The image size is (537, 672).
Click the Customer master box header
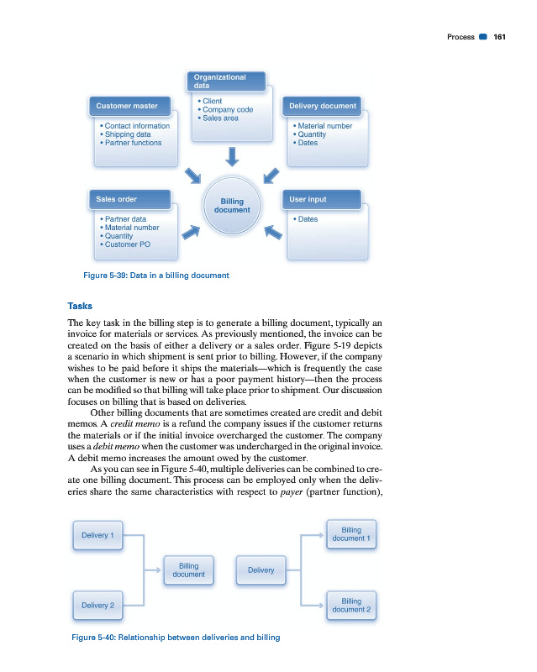pos(132,107)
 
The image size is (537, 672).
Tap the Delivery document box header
pos(324,107)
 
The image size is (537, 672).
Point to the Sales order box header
pos(132,200)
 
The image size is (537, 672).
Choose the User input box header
pos(324,200)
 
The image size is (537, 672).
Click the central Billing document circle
pos(232,206)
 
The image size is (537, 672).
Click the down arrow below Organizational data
pos(232,156)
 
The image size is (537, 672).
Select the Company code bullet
pos(227,110)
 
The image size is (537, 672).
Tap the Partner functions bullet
pos(133,143)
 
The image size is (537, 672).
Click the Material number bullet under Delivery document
pos(324,126)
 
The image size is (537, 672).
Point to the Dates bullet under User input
pos(307,219)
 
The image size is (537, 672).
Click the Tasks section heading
pos(82,304)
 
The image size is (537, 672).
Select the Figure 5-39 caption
pos(150,275)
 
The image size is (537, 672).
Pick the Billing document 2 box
pos(351,605)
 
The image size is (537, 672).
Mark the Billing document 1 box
pos(351,534)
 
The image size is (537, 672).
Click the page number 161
pos(499,37)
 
